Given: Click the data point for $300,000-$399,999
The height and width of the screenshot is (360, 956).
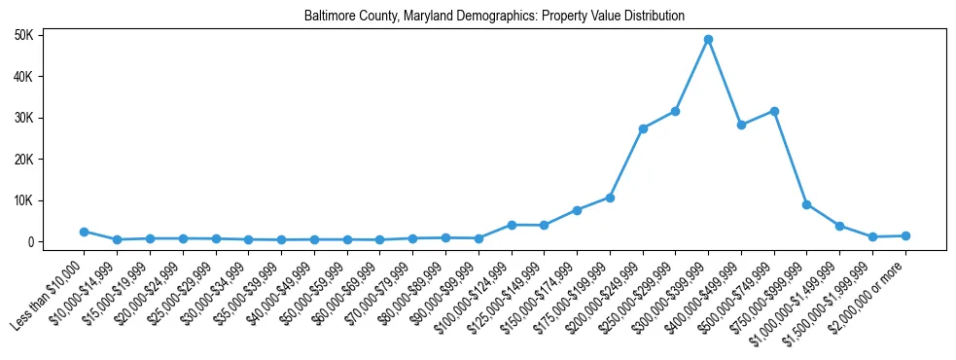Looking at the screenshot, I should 708,40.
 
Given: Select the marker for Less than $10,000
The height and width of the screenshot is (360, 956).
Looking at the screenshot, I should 85,232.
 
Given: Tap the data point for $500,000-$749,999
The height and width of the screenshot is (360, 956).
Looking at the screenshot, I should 774,111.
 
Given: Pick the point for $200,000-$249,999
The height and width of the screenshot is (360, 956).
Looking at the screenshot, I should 643,128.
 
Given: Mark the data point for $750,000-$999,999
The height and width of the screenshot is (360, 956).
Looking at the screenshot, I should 806,204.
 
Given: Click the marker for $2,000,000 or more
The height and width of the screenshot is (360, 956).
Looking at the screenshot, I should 905,235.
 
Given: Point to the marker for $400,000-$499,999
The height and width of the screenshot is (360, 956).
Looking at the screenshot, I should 741,125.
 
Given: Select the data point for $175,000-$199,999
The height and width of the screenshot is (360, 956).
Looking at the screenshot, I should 610,198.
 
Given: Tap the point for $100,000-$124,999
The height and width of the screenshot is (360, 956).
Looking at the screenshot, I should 512,225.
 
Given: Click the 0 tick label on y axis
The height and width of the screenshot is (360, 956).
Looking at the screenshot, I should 31,242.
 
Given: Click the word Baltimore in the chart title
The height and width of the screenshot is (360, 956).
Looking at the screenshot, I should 328,17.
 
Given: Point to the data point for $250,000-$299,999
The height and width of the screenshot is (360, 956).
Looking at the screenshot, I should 675,111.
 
